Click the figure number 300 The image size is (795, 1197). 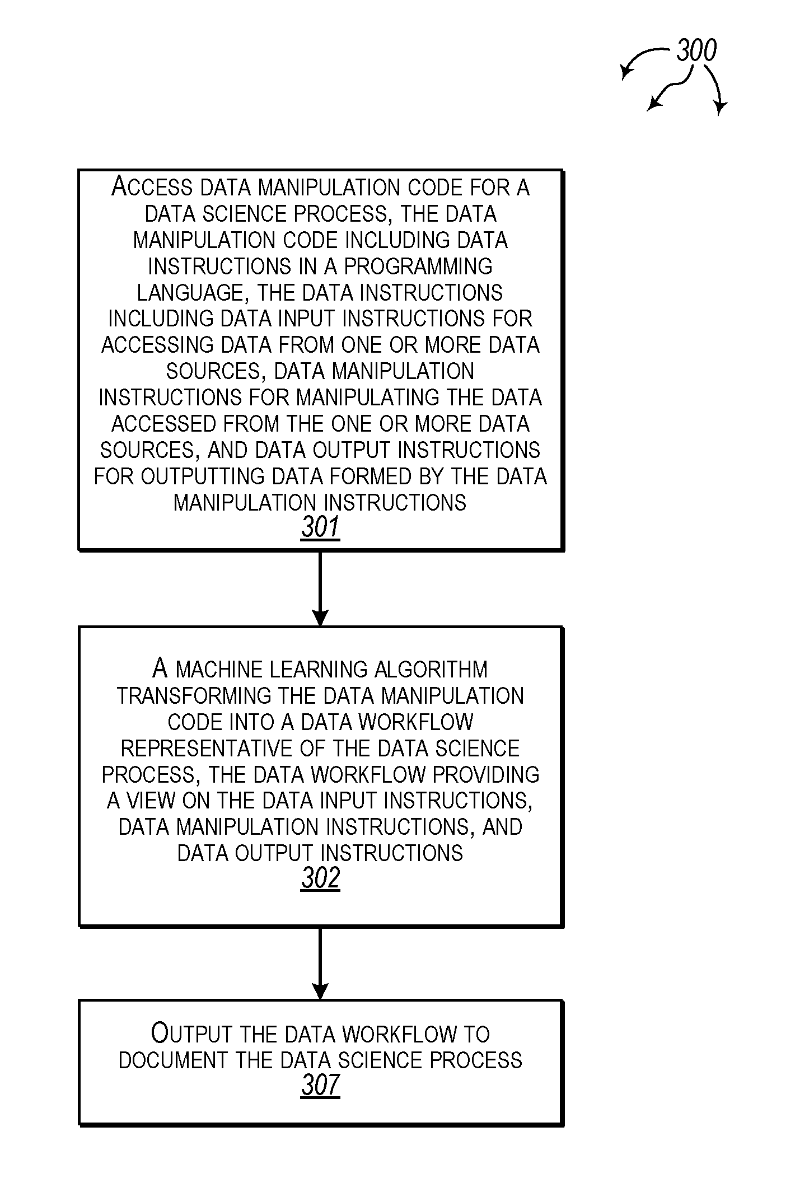pos(696,51)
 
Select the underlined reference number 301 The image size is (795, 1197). pos(320,527)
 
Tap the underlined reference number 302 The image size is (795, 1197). pos(320,878)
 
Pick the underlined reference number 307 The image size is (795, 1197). pos(320,1085)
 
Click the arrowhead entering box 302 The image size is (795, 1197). pos(320,617)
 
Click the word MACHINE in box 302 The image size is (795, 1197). pos(219,670)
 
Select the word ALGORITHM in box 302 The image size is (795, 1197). pos(431,670)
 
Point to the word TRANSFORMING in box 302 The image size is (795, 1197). pos(194,696)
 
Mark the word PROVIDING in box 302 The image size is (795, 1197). pos(486,775)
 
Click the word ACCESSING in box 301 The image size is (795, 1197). pos(158,345)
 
